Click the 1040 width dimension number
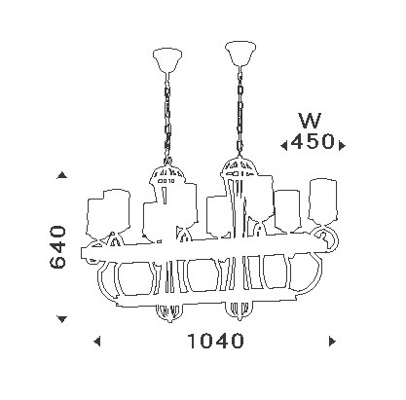click(x=215, y=341)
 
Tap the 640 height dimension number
click(x=58, y=247)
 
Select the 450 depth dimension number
click(x=313, y=141)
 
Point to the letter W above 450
click(x=310, y=120)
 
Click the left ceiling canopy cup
click(x=167, y=59)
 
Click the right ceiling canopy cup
click(x=240, y=54)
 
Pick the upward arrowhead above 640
click(x=61, y=175)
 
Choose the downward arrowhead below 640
click(x=61, y=319)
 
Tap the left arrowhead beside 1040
click(x=96, y=342)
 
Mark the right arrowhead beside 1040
click(x=332, y=342)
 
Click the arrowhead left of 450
click(x=284, y=146)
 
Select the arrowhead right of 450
click(x=342, y=146)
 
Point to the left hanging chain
click(x=167, y=118)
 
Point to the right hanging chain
click(x=240, y=111)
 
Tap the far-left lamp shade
click(x=108, y=213)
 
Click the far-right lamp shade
click(x=323, y=201)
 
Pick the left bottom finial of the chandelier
click(x=167, y=313)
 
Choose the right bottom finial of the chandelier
click(x=240, y=311)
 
